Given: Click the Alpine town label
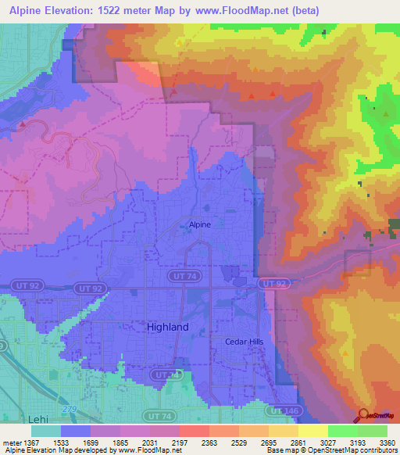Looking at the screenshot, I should [x=199, y=225].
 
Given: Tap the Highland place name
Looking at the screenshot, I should [x=167, y=328].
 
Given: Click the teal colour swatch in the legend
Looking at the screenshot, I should [x=46, y=430].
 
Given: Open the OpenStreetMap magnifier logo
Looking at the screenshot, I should [x=366, y=415].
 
